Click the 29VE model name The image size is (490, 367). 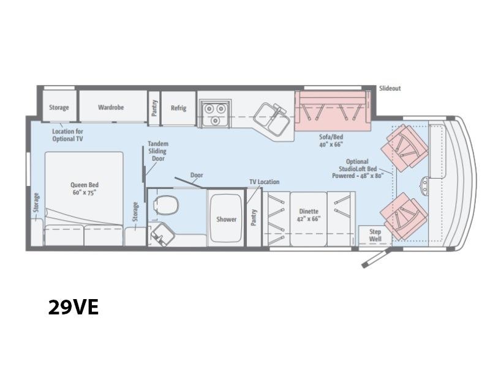click(x=73, y=307)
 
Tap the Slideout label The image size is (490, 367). click(x=390, y=88)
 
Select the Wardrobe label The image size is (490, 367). click(x=111, y=108)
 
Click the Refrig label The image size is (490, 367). click(x=178, y=108)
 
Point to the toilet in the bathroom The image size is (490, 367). click(x=165, y=205)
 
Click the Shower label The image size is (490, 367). click(x=226, y=219)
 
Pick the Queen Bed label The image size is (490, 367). click(x=84, y=188)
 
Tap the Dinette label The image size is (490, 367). click(x=309, y=215)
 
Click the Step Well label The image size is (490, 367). click(x=375, y=235)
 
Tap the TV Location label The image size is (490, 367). click(x=265, y=182)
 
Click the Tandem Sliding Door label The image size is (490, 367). click(x=158, y=151)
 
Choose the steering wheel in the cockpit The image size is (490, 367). click(x=424, y=186)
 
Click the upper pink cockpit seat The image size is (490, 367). click(x=405, y=148)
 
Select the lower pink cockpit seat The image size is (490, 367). click(x=404, y=217)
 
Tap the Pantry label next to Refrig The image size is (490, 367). click(x=154, y=108)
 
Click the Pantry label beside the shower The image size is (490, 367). click(x=254, y=217)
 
